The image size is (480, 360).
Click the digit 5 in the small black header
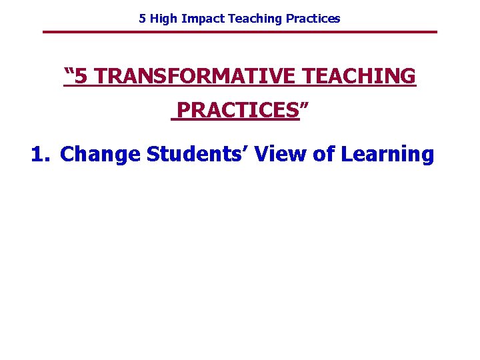(142, 19)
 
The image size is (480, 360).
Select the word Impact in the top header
(203, 19)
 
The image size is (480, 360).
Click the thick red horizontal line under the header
(240, 32)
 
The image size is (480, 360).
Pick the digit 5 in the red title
(81, 77)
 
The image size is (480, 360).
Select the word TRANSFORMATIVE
(194, 77)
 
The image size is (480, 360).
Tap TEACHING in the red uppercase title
(359, 77)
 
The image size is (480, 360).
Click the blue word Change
(100, 155)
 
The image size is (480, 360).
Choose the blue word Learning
(387, 155)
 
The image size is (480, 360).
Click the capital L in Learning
(347, 155)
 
